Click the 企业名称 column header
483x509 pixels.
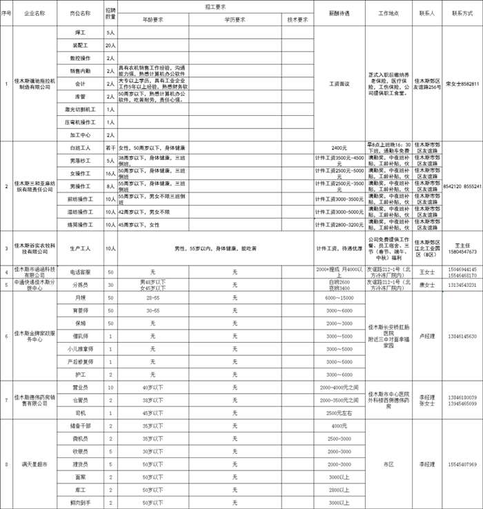[34, 13]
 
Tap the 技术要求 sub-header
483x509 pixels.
[297, 20]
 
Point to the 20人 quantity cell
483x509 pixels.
[110, 45]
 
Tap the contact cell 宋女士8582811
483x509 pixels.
[462, 83]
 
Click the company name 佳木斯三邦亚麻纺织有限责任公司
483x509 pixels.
[34, 186]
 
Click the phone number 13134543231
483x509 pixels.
[462, 285]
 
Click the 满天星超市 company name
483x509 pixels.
[34, 464]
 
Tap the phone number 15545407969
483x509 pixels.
[462, 464]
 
